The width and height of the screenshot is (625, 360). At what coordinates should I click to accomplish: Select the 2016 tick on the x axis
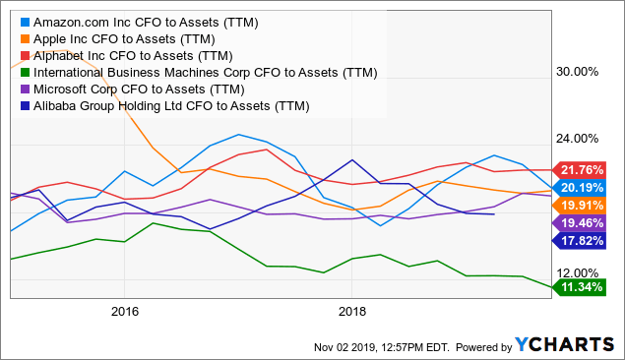[124, 312]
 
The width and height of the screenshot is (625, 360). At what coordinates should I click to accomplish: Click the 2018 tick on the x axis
[351, 312]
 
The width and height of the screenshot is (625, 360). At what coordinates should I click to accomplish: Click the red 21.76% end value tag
[587, 168]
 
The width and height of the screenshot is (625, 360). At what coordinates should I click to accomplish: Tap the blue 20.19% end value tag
[587, 187]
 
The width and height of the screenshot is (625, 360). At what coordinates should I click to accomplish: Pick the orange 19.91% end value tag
[587, 205]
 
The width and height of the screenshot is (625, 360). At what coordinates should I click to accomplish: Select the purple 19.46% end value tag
[587, 223]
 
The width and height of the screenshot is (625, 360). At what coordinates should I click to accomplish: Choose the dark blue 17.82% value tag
[587, 241]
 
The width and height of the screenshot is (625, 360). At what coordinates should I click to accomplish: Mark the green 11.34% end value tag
[587, 288]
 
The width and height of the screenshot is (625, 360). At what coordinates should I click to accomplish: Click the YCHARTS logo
[564, 344]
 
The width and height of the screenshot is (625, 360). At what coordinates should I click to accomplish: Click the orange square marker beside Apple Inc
[24, 38]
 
